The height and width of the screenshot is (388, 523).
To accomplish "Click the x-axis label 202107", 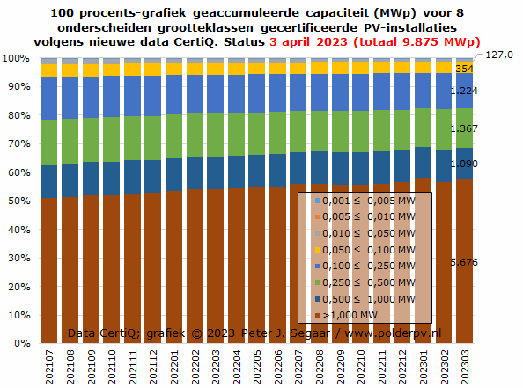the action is point(49,367).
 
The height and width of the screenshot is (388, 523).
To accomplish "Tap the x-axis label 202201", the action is point(174,367).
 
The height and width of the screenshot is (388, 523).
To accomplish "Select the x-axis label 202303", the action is point(465,367).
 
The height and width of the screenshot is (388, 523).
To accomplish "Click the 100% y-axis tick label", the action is point(16,58).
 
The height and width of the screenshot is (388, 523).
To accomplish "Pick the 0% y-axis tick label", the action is point(22,343).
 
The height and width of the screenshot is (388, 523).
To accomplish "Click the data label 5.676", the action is point(464,262).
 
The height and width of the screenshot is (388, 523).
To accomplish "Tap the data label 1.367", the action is point(464,128).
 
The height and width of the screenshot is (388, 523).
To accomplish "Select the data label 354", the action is point(464,69).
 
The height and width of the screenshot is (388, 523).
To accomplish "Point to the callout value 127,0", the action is point(499,55).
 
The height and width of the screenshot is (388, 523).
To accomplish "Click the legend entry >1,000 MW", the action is point(346,315).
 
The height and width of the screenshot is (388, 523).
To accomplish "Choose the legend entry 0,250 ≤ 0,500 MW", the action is point(365,282).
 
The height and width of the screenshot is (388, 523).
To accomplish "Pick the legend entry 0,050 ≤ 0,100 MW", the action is point(365,250).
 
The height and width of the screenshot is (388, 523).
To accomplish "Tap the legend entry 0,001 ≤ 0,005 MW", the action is point(365,201).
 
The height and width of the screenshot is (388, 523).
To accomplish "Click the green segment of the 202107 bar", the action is point(48,143).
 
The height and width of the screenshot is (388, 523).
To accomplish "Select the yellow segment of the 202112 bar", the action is point(153,70).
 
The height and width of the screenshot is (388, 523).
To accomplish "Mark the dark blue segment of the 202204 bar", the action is point(237,172).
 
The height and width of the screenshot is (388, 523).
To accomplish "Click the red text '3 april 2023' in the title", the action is point(308,42).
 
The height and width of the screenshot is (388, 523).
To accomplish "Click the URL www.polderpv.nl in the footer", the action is point(393,333).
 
